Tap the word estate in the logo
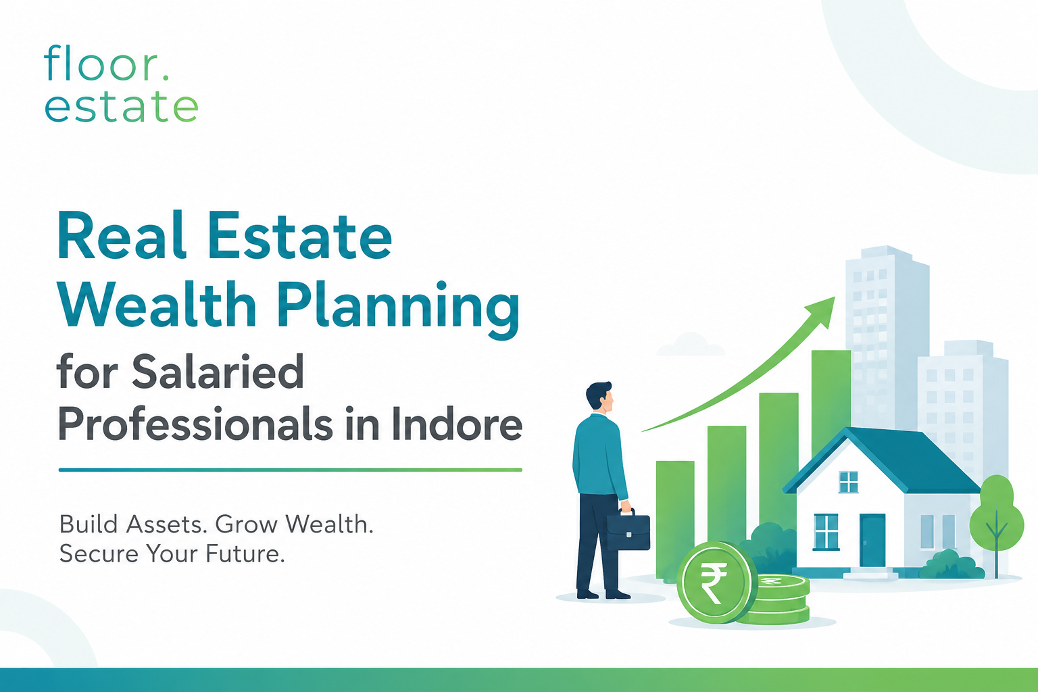tap(122, 106)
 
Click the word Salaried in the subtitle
tap(218, 372)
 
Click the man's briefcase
tap(628, 531)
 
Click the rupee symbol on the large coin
tap(714, 581)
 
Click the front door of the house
tap(872, 541)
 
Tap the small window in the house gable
tap(849, 482)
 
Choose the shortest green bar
tap(674, 520)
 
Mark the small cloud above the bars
tap(691, 345)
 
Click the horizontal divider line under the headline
tap(290, 470)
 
